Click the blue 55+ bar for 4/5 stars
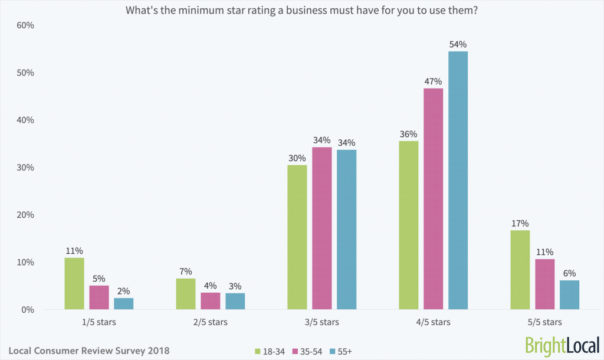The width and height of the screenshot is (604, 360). click(x=458, y=180)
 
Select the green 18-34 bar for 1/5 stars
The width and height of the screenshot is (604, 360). click(x=74, y=283)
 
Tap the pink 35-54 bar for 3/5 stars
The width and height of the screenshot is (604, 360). click(x=321, y=228)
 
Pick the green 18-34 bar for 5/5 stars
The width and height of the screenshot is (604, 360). click(x=520, y=270)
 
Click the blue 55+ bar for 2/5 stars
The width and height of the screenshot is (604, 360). click(x=235, y=301)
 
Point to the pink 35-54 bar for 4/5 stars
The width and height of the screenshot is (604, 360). click(x=433, y=198)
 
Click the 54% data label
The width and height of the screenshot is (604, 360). click(x=458, y=44)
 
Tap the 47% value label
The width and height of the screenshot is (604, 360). click(x=433, y=81)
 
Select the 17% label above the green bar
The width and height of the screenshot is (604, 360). click(x=520, y=223)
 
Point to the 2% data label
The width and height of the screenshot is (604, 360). click(x=124, y=291)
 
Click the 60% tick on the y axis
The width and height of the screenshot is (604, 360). click(x=25, y=25)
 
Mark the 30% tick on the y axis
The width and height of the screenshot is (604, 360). click(x=25, y=168)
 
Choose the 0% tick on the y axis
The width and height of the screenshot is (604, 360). click(x=28, y=310)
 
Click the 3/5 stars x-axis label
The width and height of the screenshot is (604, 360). click(x=321, y=322)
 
